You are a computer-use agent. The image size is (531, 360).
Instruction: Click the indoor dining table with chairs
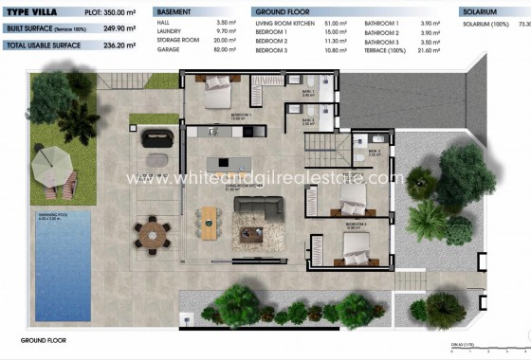tap(210, 221)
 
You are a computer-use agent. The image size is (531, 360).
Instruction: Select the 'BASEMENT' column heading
tap(176, 10)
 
